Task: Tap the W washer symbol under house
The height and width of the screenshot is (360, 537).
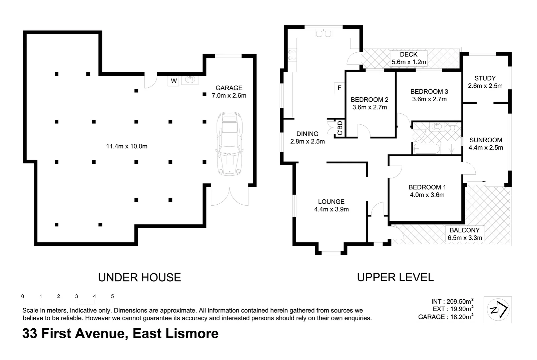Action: coord(174,81)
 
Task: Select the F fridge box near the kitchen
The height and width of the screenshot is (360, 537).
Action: coord(339,88)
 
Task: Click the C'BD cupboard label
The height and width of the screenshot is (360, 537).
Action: coord(340,128)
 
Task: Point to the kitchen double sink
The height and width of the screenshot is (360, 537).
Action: coord(323,33)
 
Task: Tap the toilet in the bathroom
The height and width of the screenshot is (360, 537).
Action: coord(453,127)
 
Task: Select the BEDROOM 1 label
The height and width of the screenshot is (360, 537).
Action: coord(427,187)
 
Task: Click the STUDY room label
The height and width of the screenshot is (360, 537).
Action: coord(485,78)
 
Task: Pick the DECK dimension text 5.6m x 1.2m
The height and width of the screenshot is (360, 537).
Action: coord(409,62)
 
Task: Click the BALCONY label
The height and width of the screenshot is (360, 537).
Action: coord(464,230)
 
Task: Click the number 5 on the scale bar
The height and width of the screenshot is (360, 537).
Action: coord(112,296)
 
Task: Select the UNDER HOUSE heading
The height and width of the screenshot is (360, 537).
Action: coord(139,277)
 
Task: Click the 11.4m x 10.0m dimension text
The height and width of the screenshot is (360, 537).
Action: coord(127,146)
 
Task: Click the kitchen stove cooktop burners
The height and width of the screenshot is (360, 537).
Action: coord(292,55)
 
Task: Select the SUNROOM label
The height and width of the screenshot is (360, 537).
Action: coord(486,140)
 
